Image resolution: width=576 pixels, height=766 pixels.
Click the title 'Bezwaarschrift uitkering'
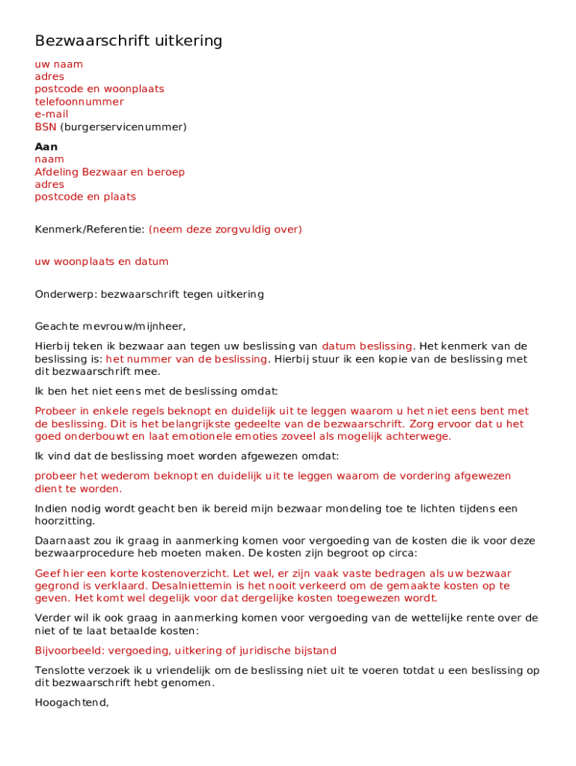(129, 41)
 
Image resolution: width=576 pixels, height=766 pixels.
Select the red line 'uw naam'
(59, 64)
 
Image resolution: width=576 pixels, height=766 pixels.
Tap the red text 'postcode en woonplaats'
(99, 89)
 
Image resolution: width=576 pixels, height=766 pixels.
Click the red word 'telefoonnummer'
(79, 102)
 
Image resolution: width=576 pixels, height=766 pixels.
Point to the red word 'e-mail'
(52, 114)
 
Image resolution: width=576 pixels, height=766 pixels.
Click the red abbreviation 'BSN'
(46, 127)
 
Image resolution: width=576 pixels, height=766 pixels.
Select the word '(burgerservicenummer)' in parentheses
(123, 127)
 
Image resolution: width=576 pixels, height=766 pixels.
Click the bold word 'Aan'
(46, 147)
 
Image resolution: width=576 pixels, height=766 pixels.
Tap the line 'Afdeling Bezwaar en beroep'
(110, 172)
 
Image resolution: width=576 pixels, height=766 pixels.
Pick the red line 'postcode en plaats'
(85, 197)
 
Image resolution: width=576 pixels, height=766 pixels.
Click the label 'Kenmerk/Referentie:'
(90, 230)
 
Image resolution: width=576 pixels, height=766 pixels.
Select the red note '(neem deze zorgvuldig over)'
(225, 230)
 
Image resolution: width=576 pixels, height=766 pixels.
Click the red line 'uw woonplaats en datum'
(102, 262)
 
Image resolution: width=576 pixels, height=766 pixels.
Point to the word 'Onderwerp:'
(66, 295)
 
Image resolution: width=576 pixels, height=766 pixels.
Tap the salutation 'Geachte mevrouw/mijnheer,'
(110, 326)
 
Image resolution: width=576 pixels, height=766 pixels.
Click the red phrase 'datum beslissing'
(367, 346)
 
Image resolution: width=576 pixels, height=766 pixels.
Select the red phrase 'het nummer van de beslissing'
(186, 359)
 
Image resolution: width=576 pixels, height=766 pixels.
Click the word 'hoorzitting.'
(65, 521)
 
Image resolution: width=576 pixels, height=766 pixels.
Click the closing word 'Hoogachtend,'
(72, 702)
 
